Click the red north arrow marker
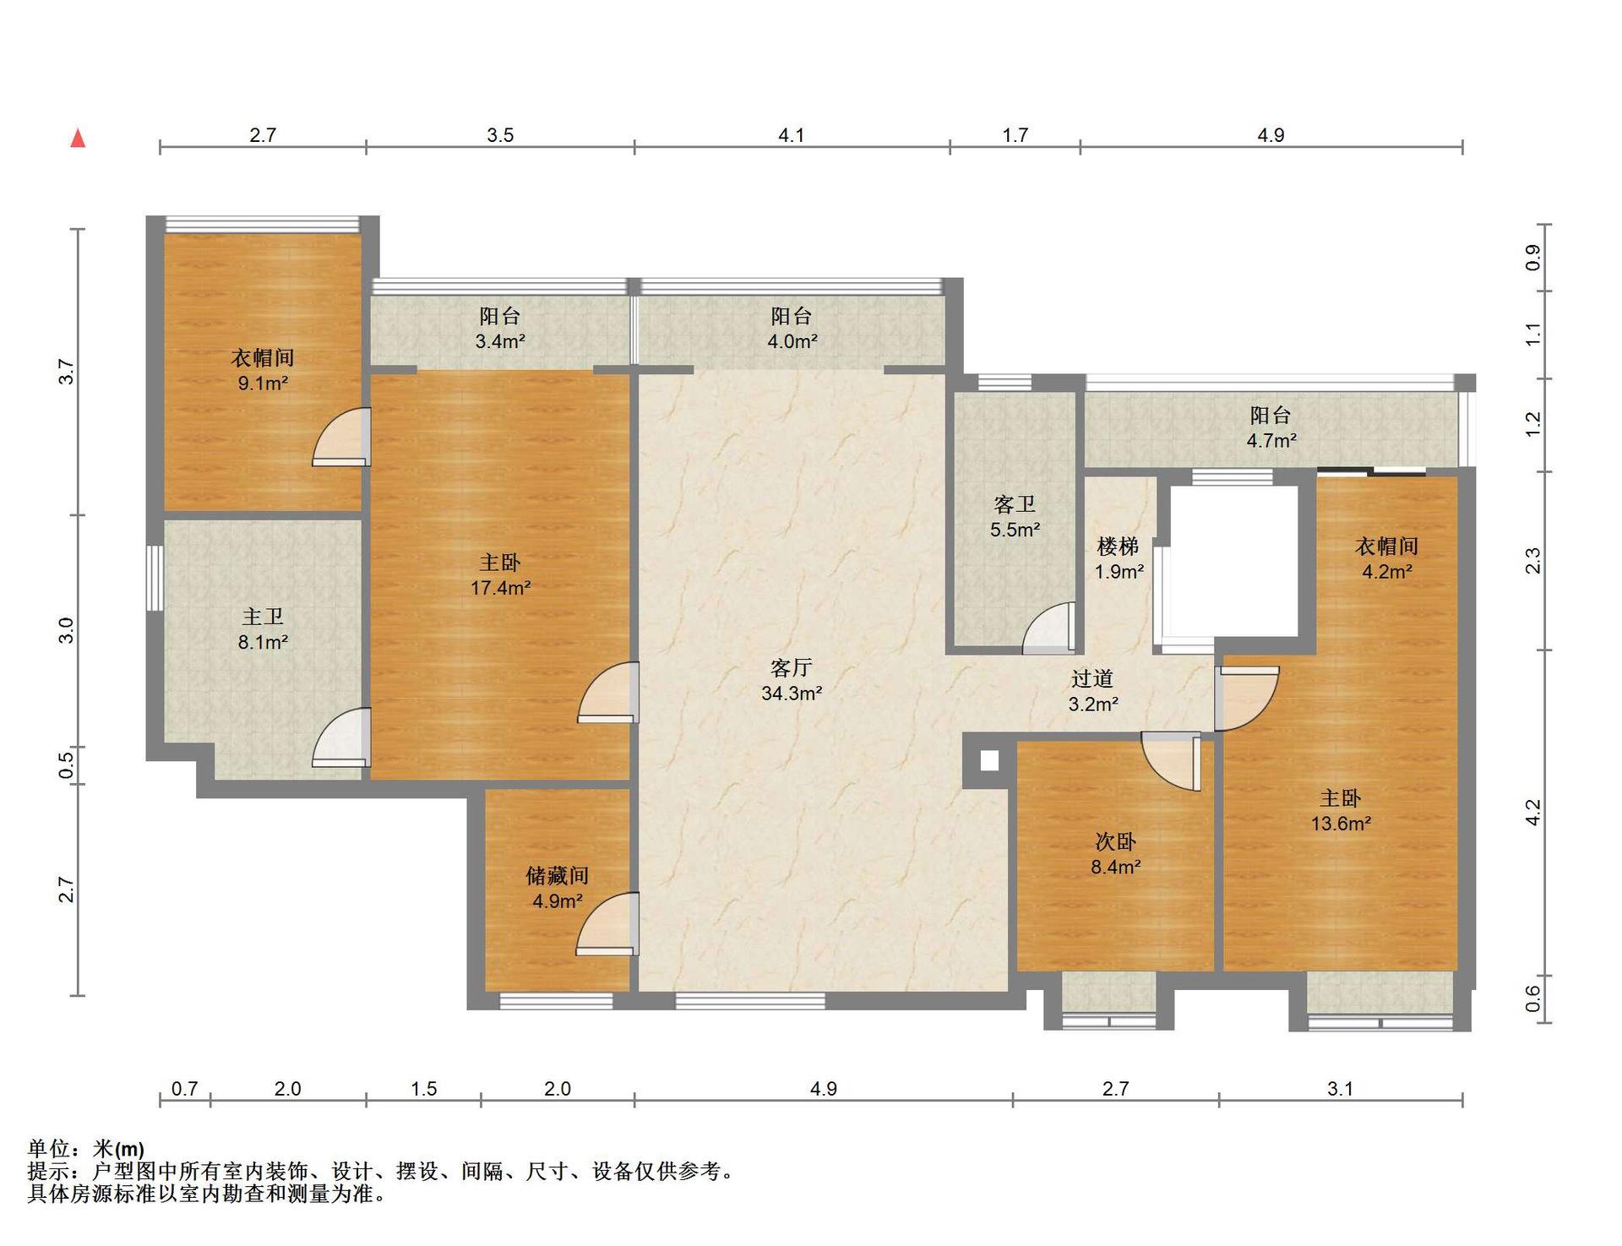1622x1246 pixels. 78,138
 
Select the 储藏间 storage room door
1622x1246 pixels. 607,923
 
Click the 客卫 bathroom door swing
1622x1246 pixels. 1050,628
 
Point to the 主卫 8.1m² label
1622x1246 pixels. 263,630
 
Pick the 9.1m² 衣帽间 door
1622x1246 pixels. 342,437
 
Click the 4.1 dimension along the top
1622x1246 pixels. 792,135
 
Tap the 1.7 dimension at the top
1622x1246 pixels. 1015,135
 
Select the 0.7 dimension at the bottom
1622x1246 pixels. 184,1089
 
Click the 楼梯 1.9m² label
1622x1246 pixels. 1119,558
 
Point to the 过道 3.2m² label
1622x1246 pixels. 1092,691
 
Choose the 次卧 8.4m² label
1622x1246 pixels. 1115,854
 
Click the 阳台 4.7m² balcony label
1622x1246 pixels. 1271,427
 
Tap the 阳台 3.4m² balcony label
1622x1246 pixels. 500,329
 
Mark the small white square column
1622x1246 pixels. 989,760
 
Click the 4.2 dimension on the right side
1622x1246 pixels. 1533,813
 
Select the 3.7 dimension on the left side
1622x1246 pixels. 67,372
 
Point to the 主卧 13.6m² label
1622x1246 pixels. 1341,811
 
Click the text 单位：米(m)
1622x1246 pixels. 86,1149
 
